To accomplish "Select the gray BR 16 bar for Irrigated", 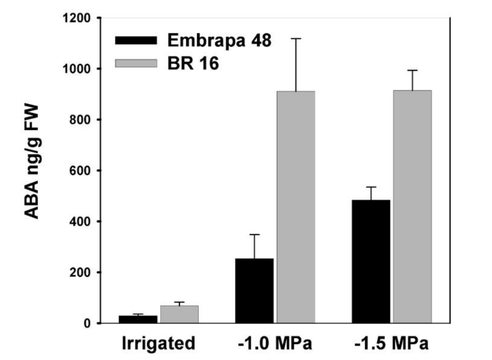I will coord(179,314).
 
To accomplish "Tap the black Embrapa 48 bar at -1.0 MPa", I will coord(255,290).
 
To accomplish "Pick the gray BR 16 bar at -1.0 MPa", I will coord(296,207).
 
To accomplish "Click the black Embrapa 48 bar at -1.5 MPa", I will coord(371,261).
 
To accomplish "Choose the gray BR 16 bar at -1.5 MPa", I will coord(412,207).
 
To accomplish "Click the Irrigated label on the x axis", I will coord(158,344).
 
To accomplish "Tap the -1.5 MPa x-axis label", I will coord(391,344).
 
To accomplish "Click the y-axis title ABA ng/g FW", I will coord(32,162).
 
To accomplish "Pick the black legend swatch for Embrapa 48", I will coord(136,40).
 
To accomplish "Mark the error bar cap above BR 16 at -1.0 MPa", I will coord(296,38).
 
